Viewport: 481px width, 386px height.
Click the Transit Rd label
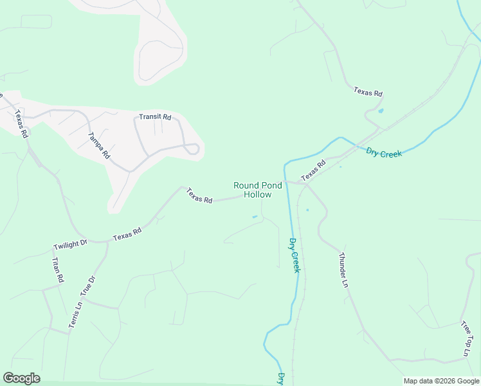tap(156, 117)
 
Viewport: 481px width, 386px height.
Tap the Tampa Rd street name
tap(99, 145)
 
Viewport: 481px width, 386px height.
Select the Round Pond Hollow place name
tap(257, 190)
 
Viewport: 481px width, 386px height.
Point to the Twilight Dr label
tap(70, 245)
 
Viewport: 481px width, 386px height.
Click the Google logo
tap(21, 378)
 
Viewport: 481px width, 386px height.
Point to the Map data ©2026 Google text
tap(441, 381)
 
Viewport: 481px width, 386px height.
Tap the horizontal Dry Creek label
tap(384, 152)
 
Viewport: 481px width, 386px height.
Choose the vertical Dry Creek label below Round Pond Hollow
tap(295, 255)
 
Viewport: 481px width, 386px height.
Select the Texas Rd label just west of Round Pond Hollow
tap(199, 196)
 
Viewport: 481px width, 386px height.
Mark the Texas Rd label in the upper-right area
tap(368, 92)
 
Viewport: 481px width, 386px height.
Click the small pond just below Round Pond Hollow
tap(255, 217)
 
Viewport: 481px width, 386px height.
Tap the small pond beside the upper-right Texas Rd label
tap(381, 111)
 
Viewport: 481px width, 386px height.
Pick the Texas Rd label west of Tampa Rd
tap(21, 125)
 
